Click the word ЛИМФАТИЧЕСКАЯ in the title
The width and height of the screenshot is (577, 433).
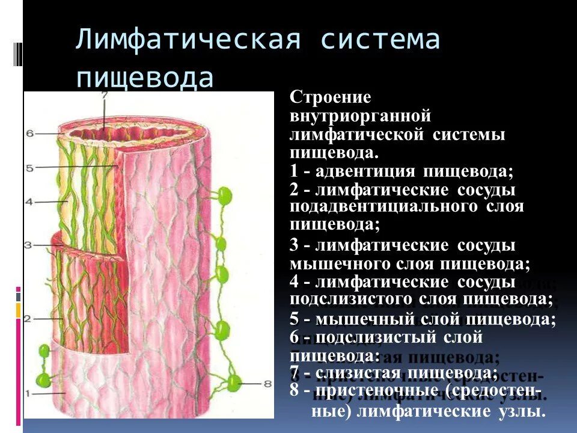188,41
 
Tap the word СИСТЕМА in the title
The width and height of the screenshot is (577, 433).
380,41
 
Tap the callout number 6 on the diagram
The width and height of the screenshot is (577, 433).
30,134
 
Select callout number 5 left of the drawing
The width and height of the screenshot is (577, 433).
29,168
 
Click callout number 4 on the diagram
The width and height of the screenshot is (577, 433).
29,203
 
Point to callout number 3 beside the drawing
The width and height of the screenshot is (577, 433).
28,245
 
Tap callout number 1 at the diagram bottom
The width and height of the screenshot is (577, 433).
28,393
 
